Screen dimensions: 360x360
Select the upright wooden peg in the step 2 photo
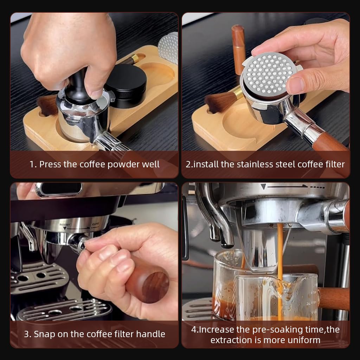(238, 46)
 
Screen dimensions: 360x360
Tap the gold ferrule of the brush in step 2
(237, 94)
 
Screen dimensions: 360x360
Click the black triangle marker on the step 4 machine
(263, 187)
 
